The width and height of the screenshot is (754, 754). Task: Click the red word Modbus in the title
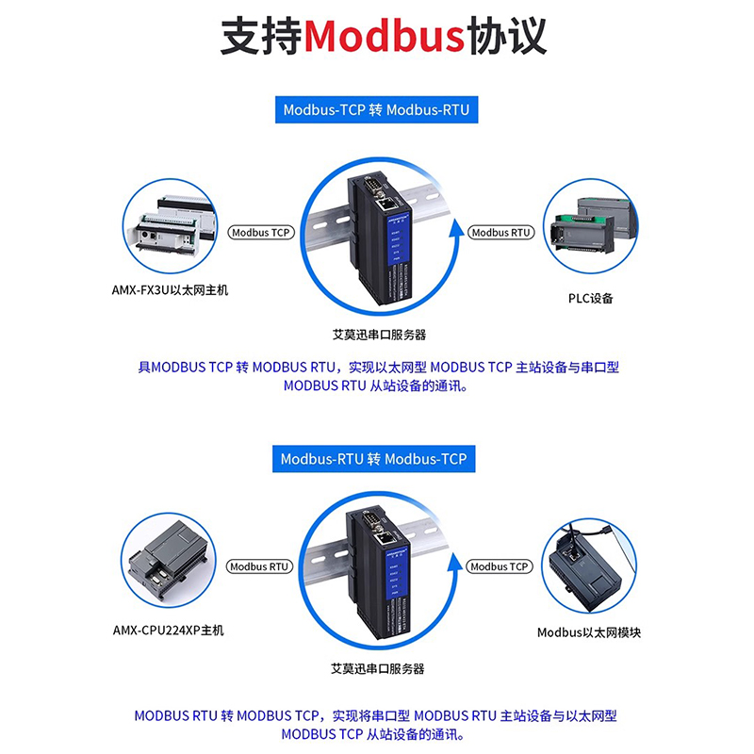(385, 38)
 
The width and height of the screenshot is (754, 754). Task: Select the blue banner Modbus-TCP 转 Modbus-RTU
(376, 110)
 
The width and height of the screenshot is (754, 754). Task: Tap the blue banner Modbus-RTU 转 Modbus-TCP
(376, 459)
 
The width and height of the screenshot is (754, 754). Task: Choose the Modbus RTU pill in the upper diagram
(501, 232)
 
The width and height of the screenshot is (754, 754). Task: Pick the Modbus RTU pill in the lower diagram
(260, 566)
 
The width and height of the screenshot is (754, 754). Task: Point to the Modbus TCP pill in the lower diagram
(500, 566)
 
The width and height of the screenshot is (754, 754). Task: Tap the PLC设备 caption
(590, 298)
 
